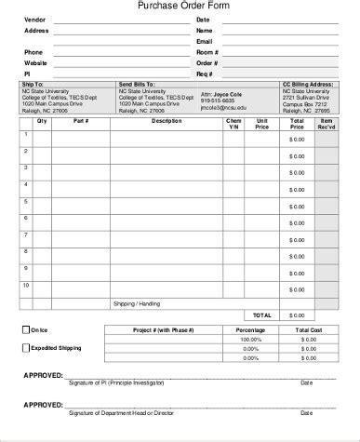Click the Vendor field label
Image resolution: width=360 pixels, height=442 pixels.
tap(34, 20)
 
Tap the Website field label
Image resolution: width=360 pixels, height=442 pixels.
tap(35, 61)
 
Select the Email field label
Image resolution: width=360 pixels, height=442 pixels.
tap(205, 41)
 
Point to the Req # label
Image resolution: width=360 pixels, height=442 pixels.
tap(206, 73)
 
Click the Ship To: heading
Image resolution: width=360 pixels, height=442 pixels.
tap(32, 84)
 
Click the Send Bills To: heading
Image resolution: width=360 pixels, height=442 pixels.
tap(138, 84)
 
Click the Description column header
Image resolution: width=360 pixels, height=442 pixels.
tap(167, 121)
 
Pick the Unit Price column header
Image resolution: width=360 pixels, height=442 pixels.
tap(262, 124)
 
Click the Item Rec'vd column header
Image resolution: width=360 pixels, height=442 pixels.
tap(327, 124)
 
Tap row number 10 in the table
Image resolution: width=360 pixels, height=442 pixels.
tap(27, 286)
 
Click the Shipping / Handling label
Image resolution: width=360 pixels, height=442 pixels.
tap(137, 302)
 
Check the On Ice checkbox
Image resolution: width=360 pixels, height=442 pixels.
tap(25, 329)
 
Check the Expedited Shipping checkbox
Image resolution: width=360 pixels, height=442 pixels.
tap(25, 347)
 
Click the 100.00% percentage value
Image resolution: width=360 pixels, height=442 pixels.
tap(250, 339)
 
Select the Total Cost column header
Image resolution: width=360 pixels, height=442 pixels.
tap(309, 329)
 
